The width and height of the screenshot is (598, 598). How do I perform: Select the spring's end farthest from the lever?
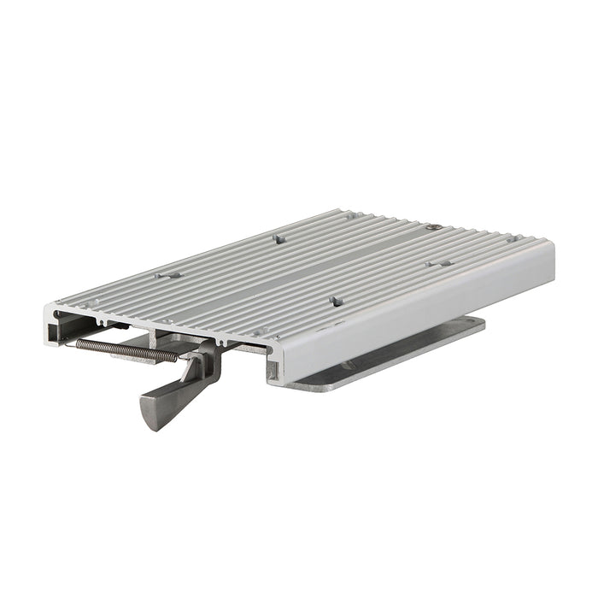pos(79,343)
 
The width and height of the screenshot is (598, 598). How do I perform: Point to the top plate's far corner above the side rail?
pos(547,244)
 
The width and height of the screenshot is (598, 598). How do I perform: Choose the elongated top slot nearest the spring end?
pos(167,276)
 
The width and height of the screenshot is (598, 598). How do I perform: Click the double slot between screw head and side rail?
pos(440,264)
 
